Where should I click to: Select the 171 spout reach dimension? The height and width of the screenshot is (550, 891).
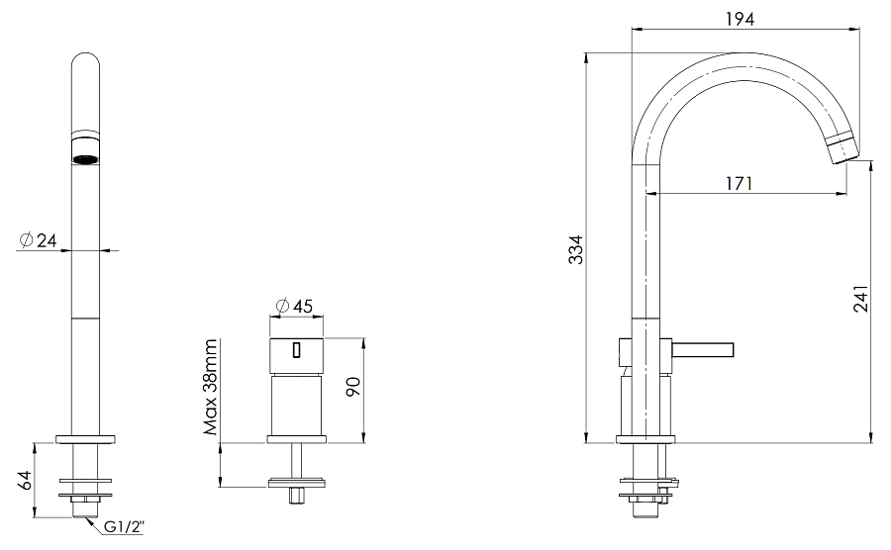click(738, 182)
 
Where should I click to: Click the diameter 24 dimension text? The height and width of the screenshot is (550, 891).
click(38, 240)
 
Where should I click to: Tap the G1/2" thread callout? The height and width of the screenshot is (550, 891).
click(125, 527)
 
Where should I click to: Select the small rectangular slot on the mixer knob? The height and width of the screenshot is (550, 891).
click(294, 348)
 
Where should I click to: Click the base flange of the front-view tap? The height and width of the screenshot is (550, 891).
click(88, 439)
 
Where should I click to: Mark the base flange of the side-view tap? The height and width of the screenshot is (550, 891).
click(644, 439)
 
